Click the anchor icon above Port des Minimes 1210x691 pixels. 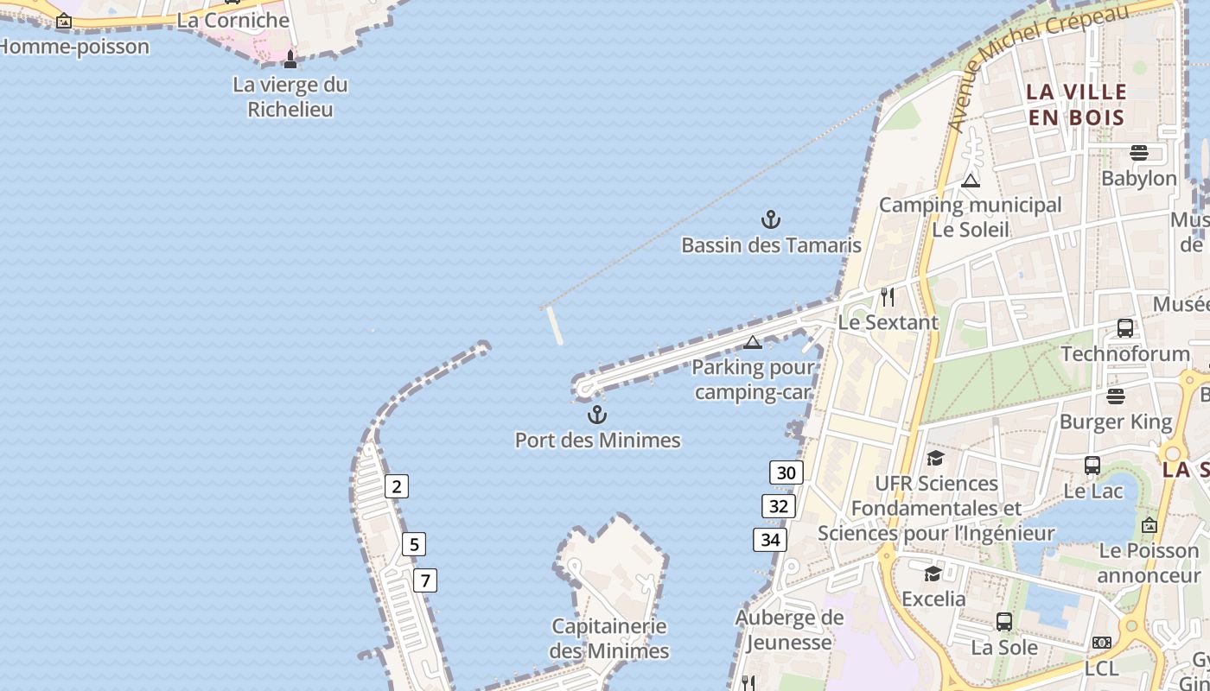[x=597, y=415]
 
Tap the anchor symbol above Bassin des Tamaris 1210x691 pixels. [x=771, y=219]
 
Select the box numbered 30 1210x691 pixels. [x=786, y=472]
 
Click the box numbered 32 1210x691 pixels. [x=778, y=506]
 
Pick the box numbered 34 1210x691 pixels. [x=769, y=541]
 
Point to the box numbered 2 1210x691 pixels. [x=396, y=486]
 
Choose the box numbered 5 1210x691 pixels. [x=414, y=545]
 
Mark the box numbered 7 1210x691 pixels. [x=424, y=580]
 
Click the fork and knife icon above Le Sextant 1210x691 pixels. [x=888, y=297]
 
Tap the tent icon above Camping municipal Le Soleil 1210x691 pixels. [x=971, y=181]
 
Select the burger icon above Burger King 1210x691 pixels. [x=1116, y=396]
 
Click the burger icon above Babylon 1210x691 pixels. [x=1138, y=153]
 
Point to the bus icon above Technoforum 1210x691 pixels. [x=1125, y=328]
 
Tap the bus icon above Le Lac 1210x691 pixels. [x=1092, y=466]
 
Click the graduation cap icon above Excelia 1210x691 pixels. [x=933, y=574]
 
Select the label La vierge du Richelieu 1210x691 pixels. [x=290, y=97]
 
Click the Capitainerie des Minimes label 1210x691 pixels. [x=609, y=638]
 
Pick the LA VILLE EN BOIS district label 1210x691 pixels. [x=1076, y=105]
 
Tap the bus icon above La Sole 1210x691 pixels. [x=1003, y=622]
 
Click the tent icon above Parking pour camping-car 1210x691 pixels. [x=753, y=342]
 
